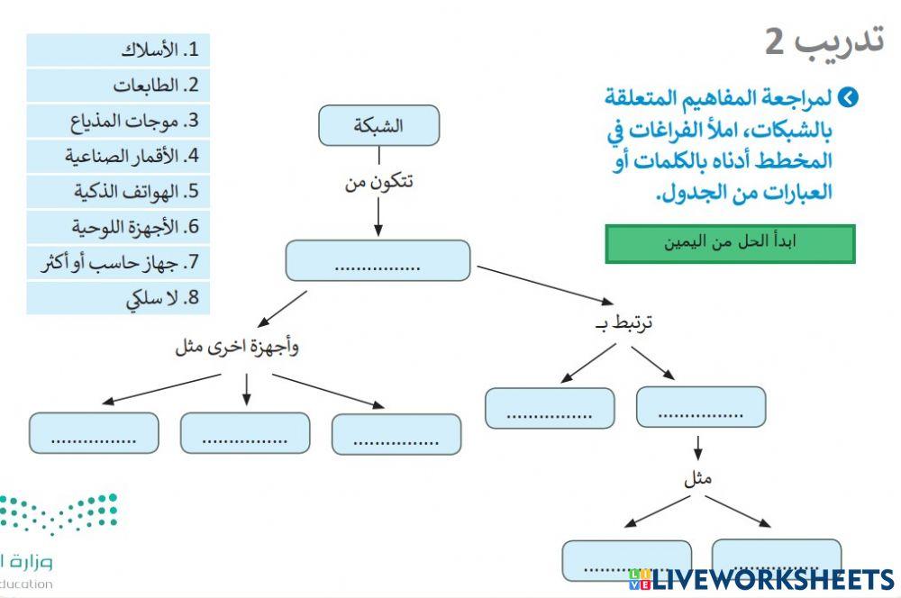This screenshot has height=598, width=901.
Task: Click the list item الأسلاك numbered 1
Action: pyautogui.click(x=118, y=50)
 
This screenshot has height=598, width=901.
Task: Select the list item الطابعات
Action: pyautogui.click(x=118, y=86)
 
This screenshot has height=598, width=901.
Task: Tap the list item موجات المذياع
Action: pyautogui.click(x=118, y=121)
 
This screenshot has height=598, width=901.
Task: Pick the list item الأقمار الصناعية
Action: pyautogui.click(x=118, y=156)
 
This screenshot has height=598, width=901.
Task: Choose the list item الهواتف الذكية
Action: pyautogui.click(x=118, y=191)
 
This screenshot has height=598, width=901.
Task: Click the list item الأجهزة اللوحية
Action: pyautogui.click(x=118, y=226)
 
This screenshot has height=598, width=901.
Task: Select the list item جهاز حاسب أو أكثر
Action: pyautogui.click(x=118, y=262)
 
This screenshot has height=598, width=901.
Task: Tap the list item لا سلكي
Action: pyautogui.click(x=118, y=298)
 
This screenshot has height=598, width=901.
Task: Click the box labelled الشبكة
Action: pyautogui.click(x=378, y=125)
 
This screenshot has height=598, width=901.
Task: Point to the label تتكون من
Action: pyautogui.click(x=378, y=182)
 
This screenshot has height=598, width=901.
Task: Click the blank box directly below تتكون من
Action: pyautogui.click(x=378, y=260)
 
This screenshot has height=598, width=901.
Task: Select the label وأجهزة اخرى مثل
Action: pyautogui.click(x=236, y=348)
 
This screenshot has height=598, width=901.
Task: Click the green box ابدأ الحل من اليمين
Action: pyautogui.click(x=730, y=243)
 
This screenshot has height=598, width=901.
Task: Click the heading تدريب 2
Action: pyautogui.click(x=824, y=41)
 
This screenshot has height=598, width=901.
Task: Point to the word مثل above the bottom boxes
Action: pyautogui.click(x=697, y=478)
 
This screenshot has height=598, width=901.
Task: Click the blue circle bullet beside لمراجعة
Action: pyautogui.click(x=848, y=97)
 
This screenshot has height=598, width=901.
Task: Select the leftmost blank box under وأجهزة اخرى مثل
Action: pyautogui.click(x=94, y=433)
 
